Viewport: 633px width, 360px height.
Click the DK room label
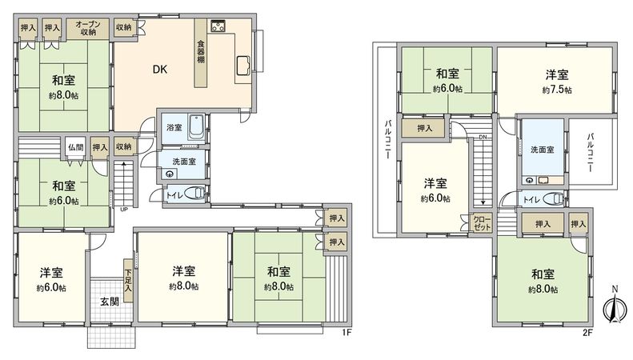160,69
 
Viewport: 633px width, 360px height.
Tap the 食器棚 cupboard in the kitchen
200,58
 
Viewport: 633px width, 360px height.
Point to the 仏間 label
76,147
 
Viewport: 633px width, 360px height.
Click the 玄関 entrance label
109,302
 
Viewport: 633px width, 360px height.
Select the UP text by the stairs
123,210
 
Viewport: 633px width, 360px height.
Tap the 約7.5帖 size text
556,90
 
